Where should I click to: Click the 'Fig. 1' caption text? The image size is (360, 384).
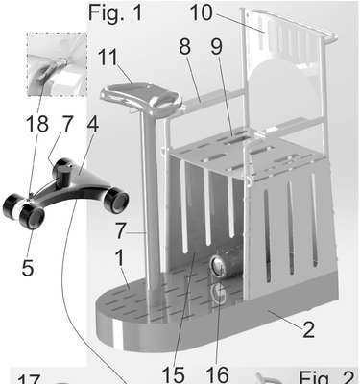pyautogui.click(x=115, y=12)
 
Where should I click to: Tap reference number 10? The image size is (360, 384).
pyautogui.click(x=202, y=12)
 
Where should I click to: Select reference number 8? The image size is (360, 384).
pyautogui.click(x=185, y=46)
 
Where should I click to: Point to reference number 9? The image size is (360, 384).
pyautogui.click(x=216, y=46)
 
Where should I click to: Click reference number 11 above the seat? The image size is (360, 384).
pyautogui.click(x=109, y=58)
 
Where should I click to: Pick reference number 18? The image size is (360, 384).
pyautogui.click(x=37, y=124)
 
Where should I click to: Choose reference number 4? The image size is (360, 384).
pyautogui.click(x=93, y=124)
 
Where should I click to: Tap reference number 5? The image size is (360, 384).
pyautogui.click(x=28, y=268)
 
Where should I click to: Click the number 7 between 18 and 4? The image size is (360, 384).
pyautogui.click(x=67, y=124)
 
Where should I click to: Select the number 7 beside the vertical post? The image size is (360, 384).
pyautogui.click(x=121, y=231)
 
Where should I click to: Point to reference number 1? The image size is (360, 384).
pyautogui.click(x=119, y=258)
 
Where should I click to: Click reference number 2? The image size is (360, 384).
pyautogui.click(x=308, y=330)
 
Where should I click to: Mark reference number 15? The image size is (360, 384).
pyautogui.click(x=173, y=374)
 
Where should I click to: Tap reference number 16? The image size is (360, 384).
pyautogui.click(x=217, y=374)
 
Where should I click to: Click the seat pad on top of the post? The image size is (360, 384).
pyautogui.click(x=141, y=96)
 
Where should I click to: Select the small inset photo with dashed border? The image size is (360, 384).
pyautogui.click(x=57, y=64)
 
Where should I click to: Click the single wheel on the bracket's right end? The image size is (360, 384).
pyautogui.click(x=116, y=201)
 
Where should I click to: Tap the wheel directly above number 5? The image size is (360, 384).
pyautogui.click(x=32, y=217)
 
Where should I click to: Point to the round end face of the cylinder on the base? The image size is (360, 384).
pyautogui.click(x=217, y=266)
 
